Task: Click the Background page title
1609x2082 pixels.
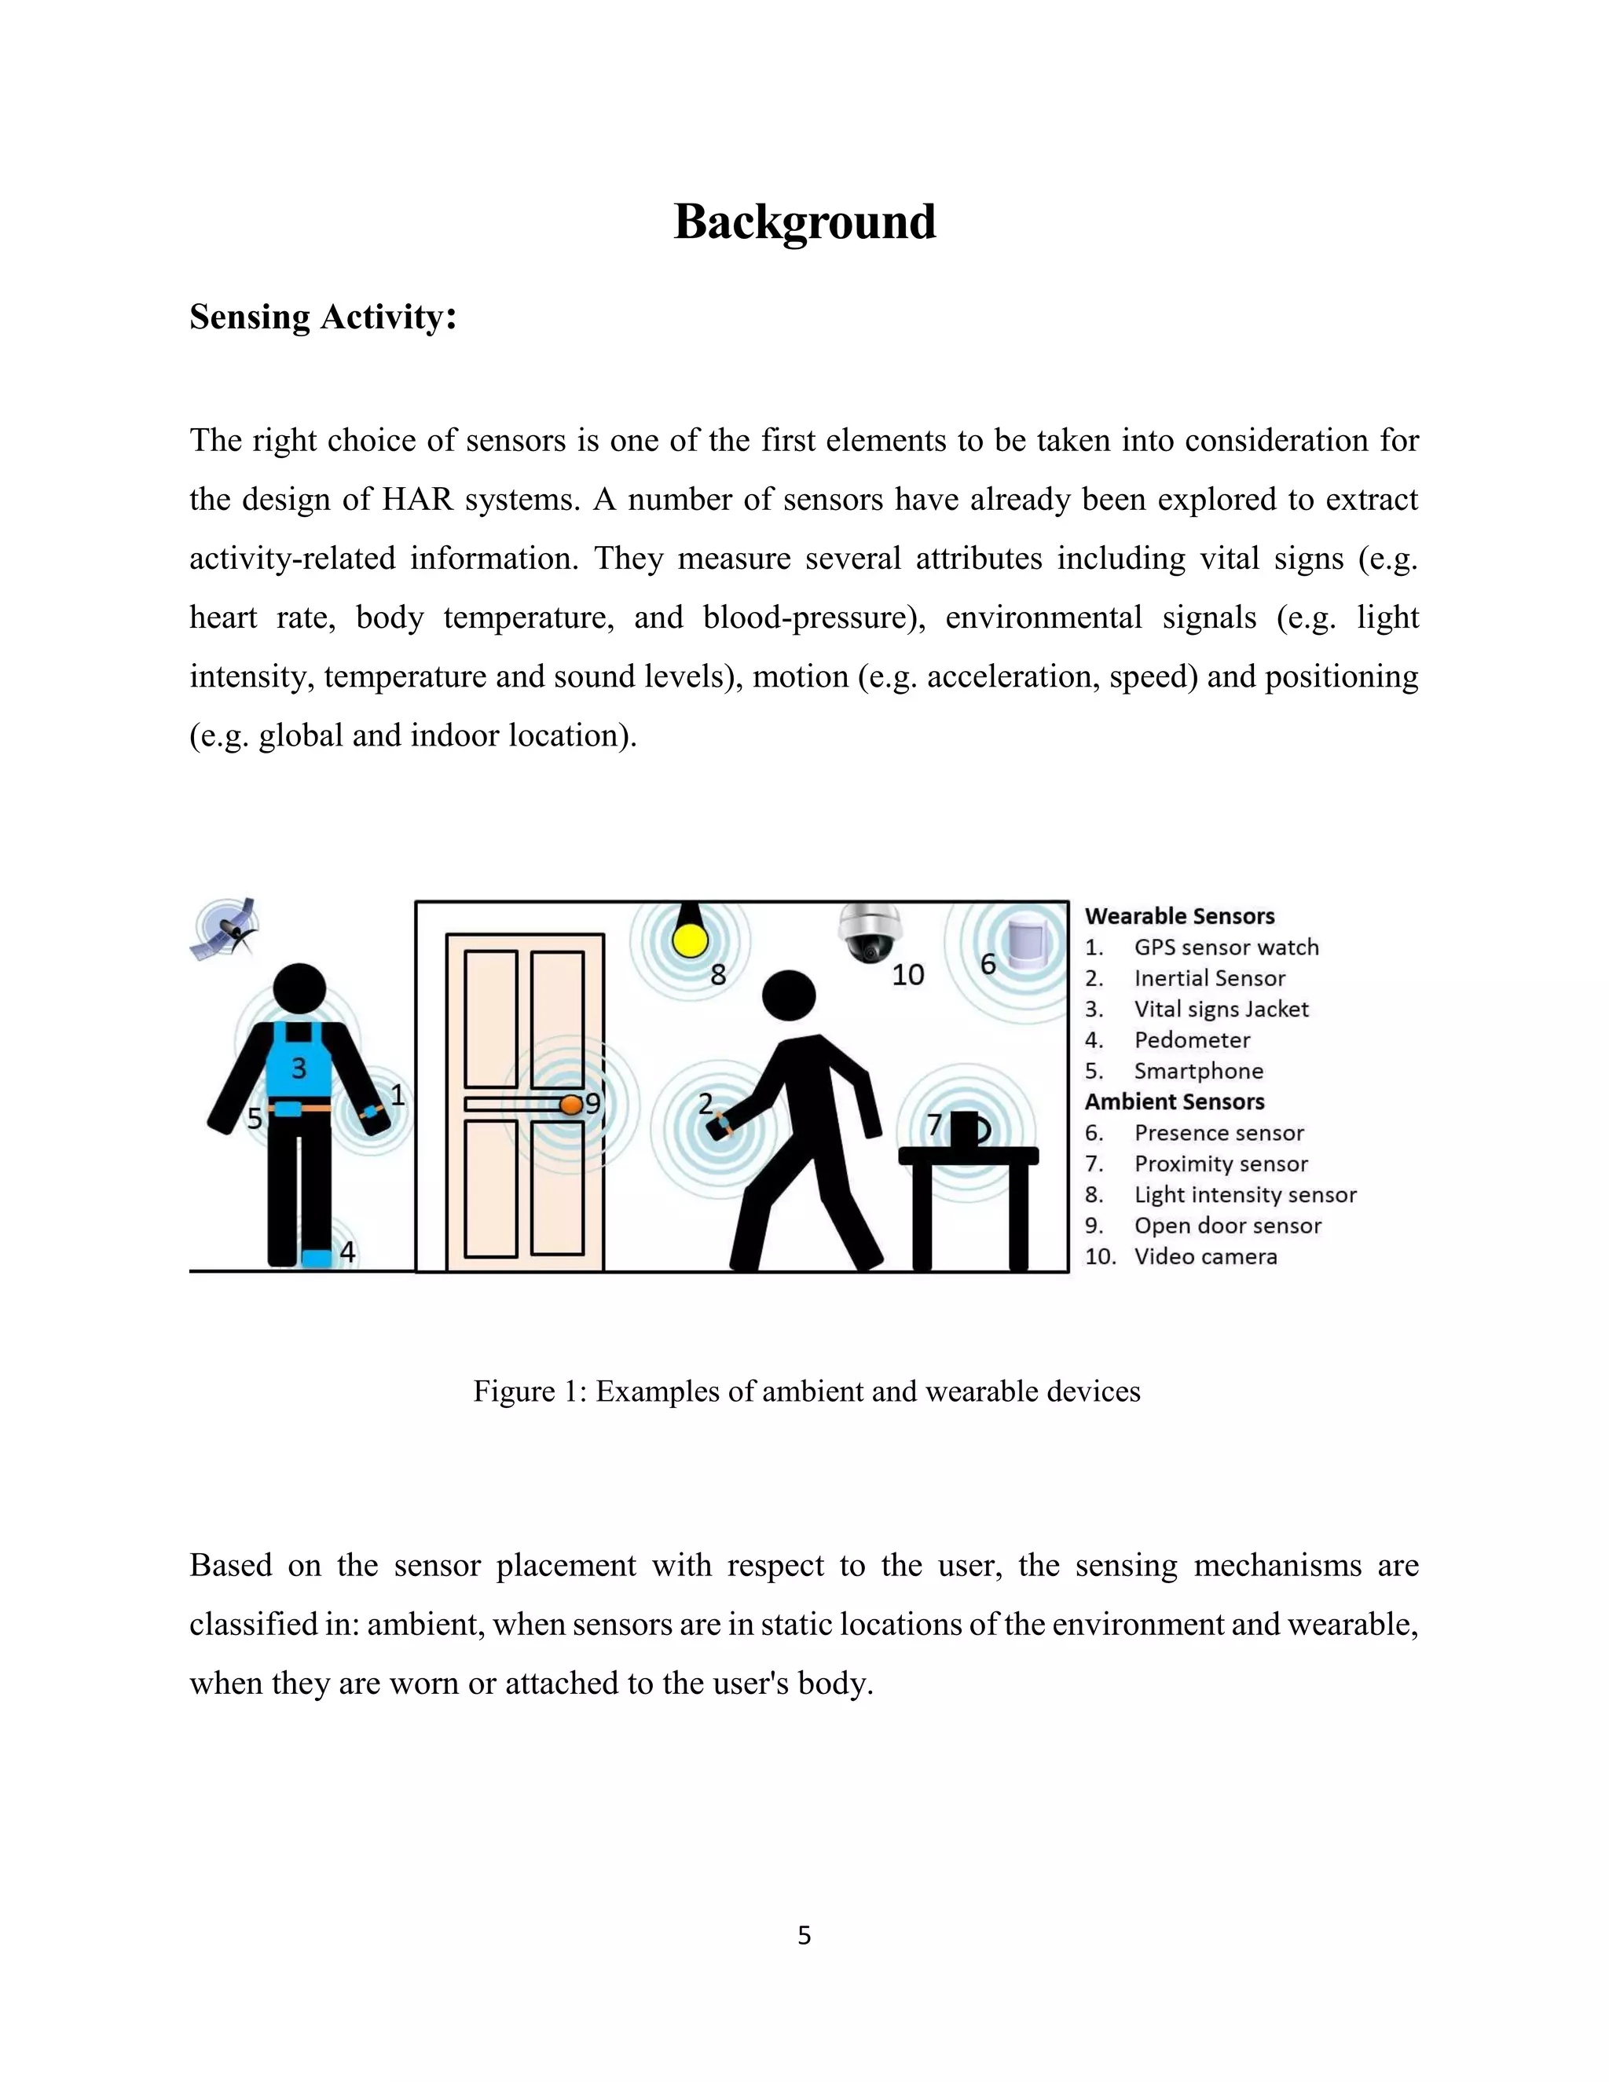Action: tap(804, 222)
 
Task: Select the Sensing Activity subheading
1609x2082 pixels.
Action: tap(322, 317)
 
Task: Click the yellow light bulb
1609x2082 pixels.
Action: tap(689, 937)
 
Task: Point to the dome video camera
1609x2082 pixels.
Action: tap(870, 933)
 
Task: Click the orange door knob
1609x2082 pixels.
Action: tap(570, 1104)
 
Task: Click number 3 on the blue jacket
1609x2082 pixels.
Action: tap(299, 1068)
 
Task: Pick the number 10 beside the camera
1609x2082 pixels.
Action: tap(907, 974)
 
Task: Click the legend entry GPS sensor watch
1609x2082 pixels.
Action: tap(1226, 948)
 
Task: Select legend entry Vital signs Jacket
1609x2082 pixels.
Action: tap(1221, 1010)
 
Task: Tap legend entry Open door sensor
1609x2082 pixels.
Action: tap(1226, 1226)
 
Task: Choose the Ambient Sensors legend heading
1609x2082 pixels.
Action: tap(1175, 1102)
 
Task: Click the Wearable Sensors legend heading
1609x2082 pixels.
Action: tap(1179, 916)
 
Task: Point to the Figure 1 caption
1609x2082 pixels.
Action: tap(805, 1391)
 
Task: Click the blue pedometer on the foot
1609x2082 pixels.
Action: tap(317, 1257)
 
